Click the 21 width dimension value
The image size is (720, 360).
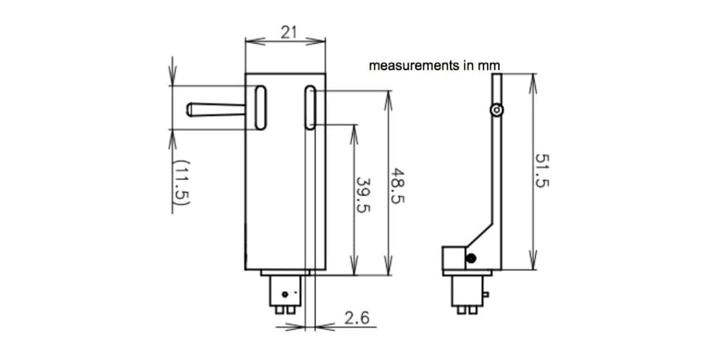point(289,32)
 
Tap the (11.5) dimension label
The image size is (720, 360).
point(181,182)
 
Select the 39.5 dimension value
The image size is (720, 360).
point(364,195)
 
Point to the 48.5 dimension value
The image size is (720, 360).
point(397,186)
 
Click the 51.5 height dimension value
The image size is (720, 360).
point(542,170)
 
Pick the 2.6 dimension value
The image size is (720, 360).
point(357,318)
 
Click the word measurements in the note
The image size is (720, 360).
point(414,65)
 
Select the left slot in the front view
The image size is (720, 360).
point(260,107)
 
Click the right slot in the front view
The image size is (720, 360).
point(310,107)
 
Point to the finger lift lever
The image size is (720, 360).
point(215,110)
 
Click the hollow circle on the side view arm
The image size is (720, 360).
point(497,110)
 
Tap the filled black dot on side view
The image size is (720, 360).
point(471,259)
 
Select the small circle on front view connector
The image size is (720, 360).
point(285,294)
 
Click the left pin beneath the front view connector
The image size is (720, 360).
point(280,310)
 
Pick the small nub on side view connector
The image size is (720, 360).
point(486,295)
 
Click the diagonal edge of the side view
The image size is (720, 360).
point(479,235)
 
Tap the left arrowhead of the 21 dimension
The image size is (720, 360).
point(255,41)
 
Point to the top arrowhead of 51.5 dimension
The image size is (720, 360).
point(533,83)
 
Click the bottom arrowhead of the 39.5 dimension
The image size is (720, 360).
point(354,265)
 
